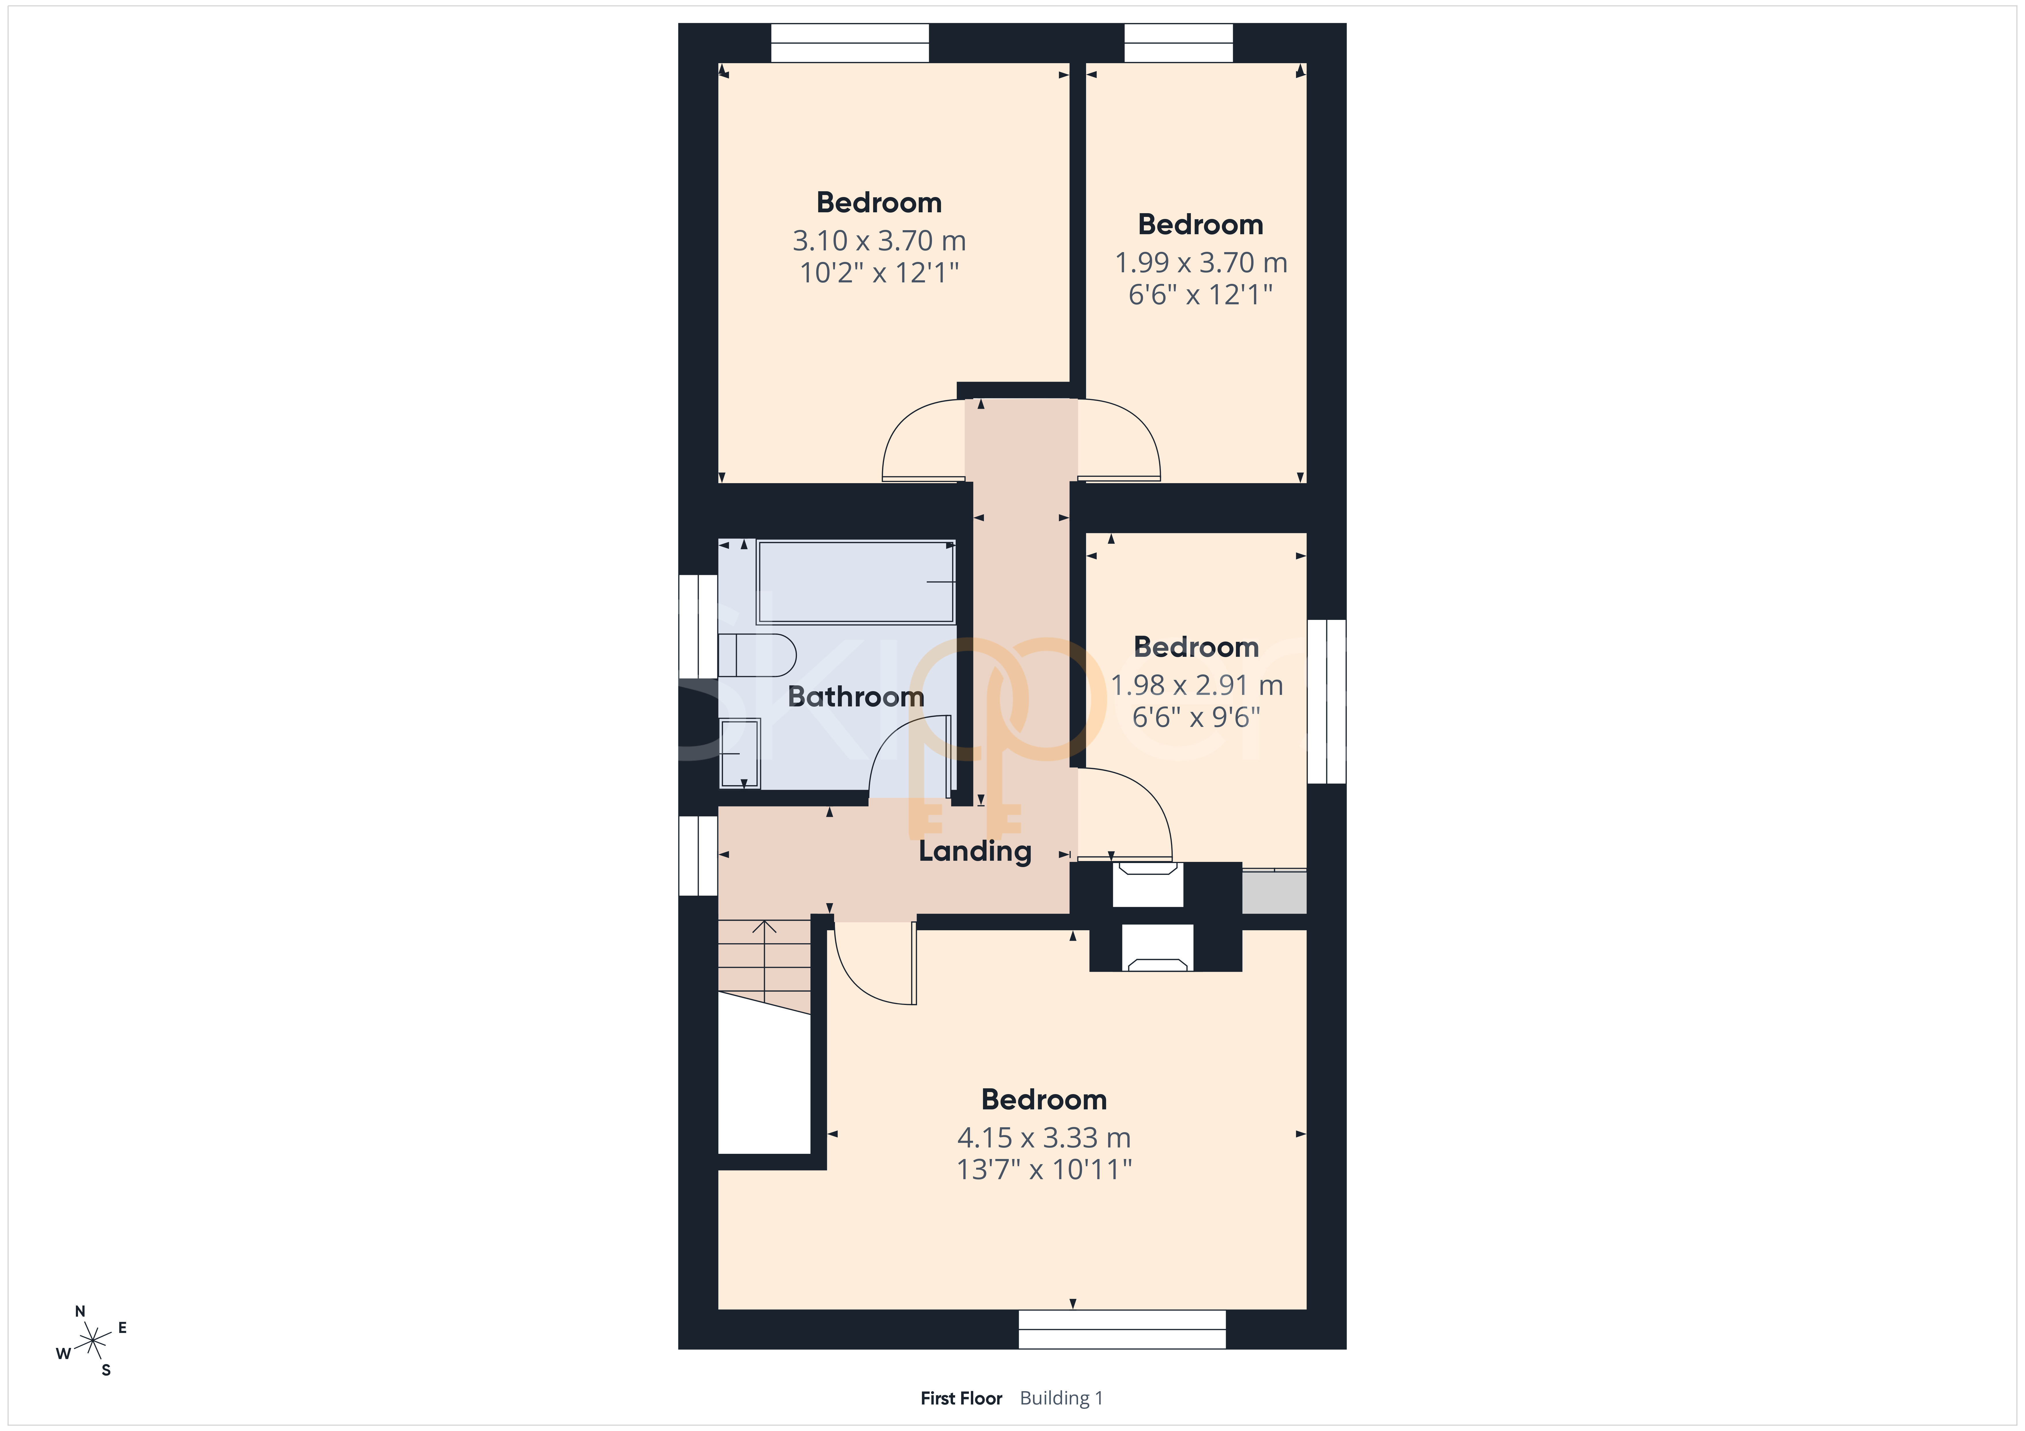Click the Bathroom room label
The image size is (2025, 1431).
855,697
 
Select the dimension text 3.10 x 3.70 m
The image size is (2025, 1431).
879,241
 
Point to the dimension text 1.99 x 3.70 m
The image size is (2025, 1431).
1200,263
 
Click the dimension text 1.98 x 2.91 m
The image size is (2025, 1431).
1196,685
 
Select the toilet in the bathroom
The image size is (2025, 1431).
757,654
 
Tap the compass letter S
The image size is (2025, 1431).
106,1370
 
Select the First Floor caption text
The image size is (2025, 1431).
961,1398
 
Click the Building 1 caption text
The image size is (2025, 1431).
1061,1398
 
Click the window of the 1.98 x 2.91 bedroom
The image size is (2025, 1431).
1327,701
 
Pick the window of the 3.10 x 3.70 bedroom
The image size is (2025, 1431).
850,42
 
